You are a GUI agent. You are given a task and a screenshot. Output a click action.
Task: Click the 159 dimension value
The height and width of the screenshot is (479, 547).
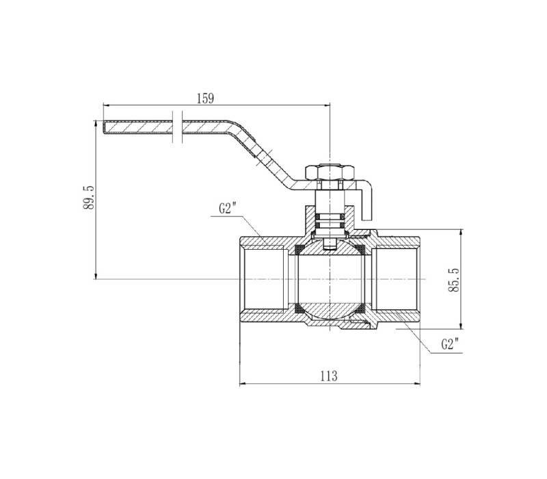coord(205,99)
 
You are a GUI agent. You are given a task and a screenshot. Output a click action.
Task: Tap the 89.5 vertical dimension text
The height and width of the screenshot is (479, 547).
coord(89,198)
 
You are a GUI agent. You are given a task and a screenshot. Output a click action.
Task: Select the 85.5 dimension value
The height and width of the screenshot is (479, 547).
coord(454,280)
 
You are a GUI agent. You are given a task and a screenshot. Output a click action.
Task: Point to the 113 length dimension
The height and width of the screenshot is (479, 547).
coord(329,376)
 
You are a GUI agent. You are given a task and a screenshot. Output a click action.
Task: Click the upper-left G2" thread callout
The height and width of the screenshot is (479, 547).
coord(228,209)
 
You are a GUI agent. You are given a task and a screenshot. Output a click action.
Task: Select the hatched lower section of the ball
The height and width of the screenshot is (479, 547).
coord(330,311)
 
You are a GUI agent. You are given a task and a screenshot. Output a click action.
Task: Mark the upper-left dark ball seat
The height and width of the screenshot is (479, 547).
coord(299,249)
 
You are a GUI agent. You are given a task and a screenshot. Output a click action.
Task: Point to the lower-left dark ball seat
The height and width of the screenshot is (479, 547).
coord(299,308)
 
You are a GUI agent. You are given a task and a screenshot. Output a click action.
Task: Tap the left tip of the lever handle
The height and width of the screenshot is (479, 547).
coord(104,127)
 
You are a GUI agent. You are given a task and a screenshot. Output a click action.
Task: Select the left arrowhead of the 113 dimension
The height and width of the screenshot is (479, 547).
coord(242,384)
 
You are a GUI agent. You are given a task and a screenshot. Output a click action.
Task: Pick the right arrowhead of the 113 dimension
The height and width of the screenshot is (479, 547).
coord(418,384)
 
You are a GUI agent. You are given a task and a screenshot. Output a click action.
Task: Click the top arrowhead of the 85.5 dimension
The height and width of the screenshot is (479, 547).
coord(461,231)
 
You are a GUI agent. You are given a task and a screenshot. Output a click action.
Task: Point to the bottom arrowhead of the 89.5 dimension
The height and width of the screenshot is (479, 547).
coord(95,276)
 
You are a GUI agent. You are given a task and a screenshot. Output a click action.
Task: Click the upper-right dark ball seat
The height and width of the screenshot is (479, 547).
coord(360,249)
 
